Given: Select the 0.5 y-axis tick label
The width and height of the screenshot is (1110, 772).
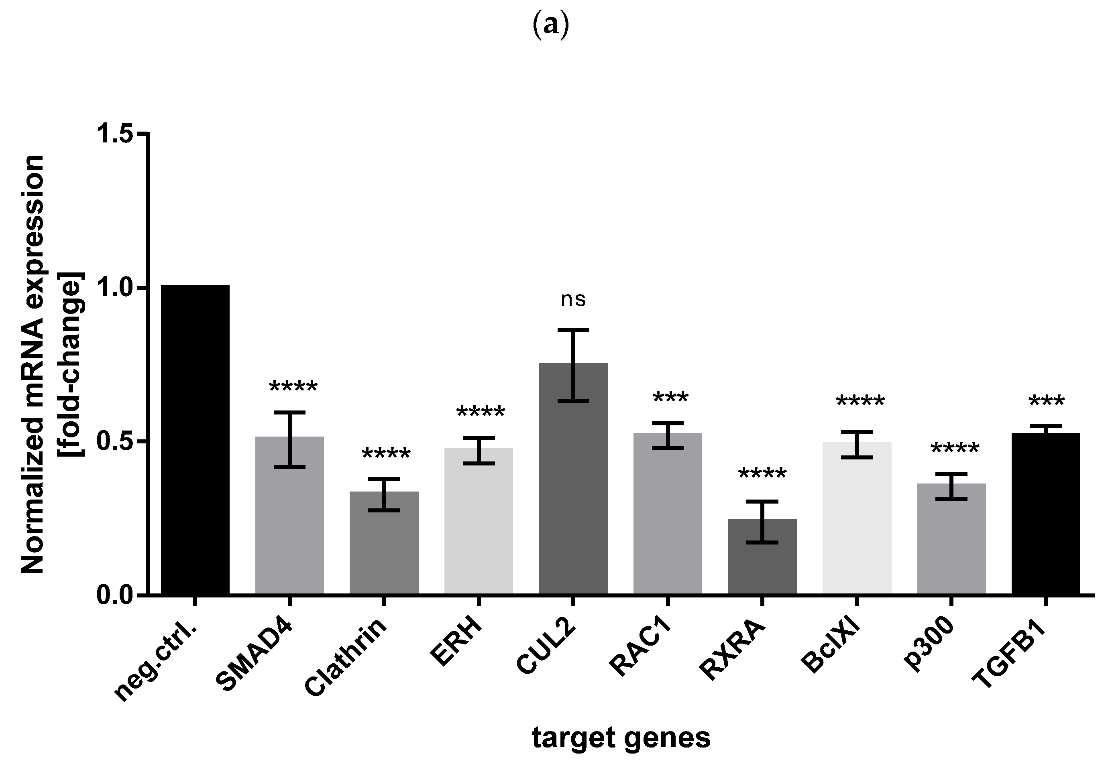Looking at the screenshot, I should [x=116, y=441].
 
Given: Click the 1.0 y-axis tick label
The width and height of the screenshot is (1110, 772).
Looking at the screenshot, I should [x=116, y=288].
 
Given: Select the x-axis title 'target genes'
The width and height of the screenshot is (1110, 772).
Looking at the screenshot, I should [x=621, y=738].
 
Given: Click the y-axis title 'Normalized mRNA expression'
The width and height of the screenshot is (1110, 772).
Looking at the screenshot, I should [x=33, y=364].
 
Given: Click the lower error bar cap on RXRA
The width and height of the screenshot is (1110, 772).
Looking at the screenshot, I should [x=762, y=542].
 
